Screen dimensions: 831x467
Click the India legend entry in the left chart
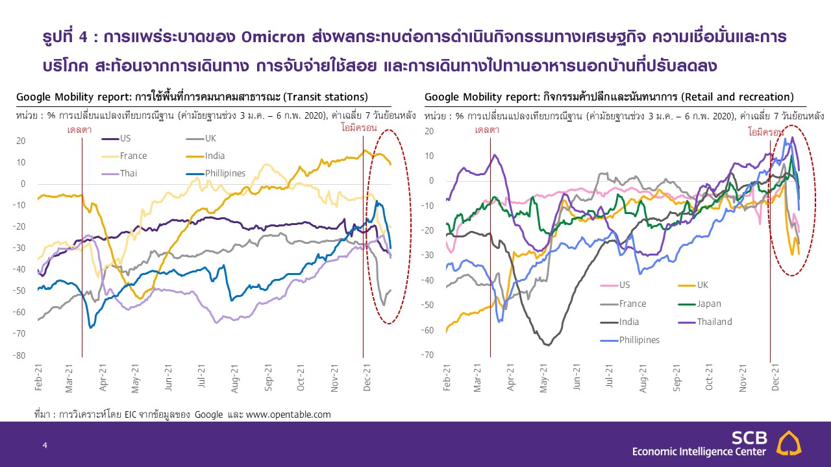click(x=206, y=156)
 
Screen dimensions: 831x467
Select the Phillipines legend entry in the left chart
click(x=216, y=173)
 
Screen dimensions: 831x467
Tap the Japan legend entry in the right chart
click(x=700, y=304)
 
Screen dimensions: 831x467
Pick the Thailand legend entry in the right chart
click(x=705, y=322)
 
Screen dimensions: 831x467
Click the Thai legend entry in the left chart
click(x=119, y=173)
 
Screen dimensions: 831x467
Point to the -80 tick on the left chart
click(x=19, y=355)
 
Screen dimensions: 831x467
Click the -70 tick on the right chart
click(x=427, y=355)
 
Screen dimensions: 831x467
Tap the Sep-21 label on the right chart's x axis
click(x=676, y=377)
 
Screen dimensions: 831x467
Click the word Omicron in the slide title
click(x=273, y=37)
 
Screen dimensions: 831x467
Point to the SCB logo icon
click(x=789, y=443)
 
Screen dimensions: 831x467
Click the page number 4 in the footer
click(x=45, y=445)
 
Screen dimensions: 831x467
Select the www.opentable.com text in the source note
click(x=288, y=414)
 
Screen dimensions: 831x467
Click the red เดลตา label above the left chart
click(x=79, y=130)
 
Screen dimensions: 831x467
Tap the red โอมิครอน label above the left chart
click(x=359, y=128)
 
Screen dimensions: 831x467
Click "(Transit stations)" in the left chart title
click(x=325, y=97)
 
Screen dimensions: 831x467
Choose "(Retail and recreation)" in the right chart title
click(x=737, y=97)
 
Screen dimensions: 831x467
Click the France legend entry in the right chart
click(x=623, y=304)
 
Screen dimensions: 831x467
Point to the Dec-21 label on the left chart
click(x=367, y=377)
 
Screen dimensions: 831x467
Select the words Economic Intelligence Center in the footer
click(x=699, y=451)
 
